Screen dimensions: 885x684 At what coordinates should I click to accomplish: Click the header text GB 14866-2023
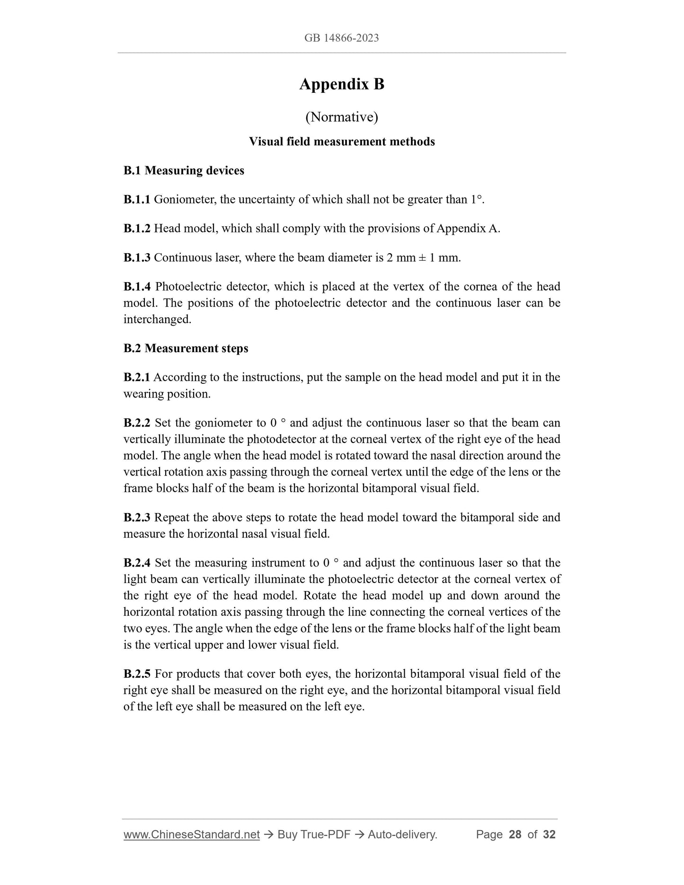point(341,38)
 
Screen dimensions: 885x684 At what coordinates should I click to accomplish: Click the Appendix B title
point(341,84)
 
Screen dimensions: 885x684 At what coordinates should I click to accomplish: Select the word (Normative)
point(341,116)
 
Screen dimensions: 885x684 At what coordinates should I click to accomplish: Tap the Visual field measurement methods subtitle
point(341,142)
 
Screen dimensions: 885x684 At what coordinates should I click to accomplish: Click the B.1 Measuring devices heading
point(184,170)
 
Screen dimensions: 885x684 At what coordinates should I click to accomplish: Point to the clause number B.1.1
point(137,200)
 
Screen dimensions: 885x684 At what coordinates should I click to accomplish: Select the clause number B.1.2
point(137,229)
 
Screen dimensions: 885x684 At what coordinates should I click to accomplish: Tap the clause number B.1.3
point(137,258)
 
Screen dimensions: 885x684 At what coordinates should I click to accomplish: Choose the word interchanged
point(157,319)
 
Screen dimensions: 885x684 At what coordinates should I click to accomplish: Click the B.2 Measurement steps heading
point(186,348)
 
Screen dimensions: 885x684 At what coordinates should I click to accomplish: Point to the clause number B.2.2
point(137,423)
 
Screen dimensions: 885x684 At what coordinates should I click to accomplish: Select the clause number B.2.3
point(137,517)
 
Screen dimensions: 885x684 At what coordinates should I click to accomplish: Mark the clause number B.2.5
point(137,674)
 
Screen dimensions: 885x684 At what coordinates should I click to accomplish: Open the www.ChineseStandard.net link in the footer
point(191,835)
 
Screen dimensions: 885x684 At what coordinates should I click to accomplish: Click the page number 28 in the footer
point(515,835)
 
